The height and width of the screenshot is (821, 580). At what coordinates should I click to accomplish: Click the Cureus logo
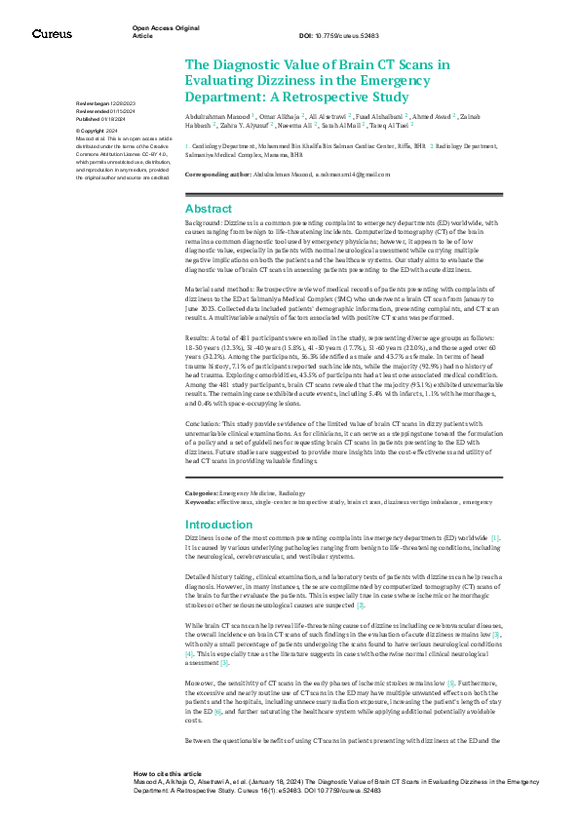(x=52, y=34)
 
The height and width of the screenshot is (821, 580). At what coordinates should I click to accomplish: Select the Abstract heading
(x=209, y=210)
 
